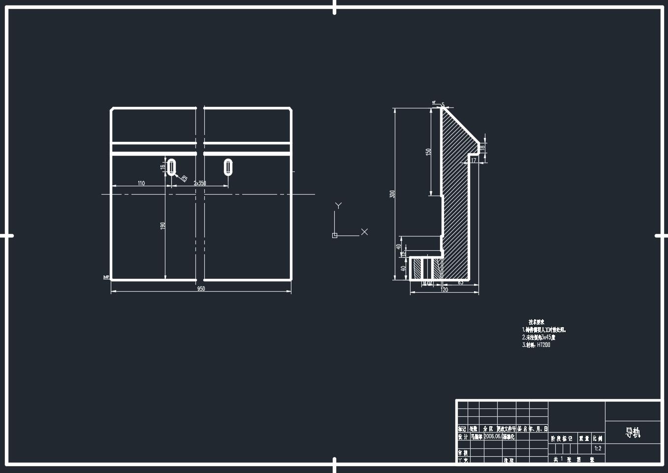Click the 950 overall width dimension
(201, 289)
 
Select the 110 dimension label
(141, 183)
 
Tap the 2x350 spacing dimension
(200, 183)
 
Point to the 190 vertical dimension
(162, 226)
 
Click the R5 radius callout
(184, 178)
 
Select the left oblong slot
(171, 167)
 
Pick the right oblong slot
(228, 167)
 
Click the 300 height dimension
(392, 194)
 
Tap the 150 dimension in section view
(428, 152)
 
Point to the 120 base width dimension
(444, 290)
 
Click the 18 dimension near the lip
(482, 147)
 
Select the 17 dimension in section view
(474, 161)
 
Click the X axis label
(364, 232)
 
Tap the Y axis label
(338, 205)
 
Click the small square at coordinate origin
(335, 236)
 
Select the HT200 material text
(543, 345)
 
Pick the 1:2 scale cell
(598, 448)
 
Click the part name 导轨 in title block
(633, 433)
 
